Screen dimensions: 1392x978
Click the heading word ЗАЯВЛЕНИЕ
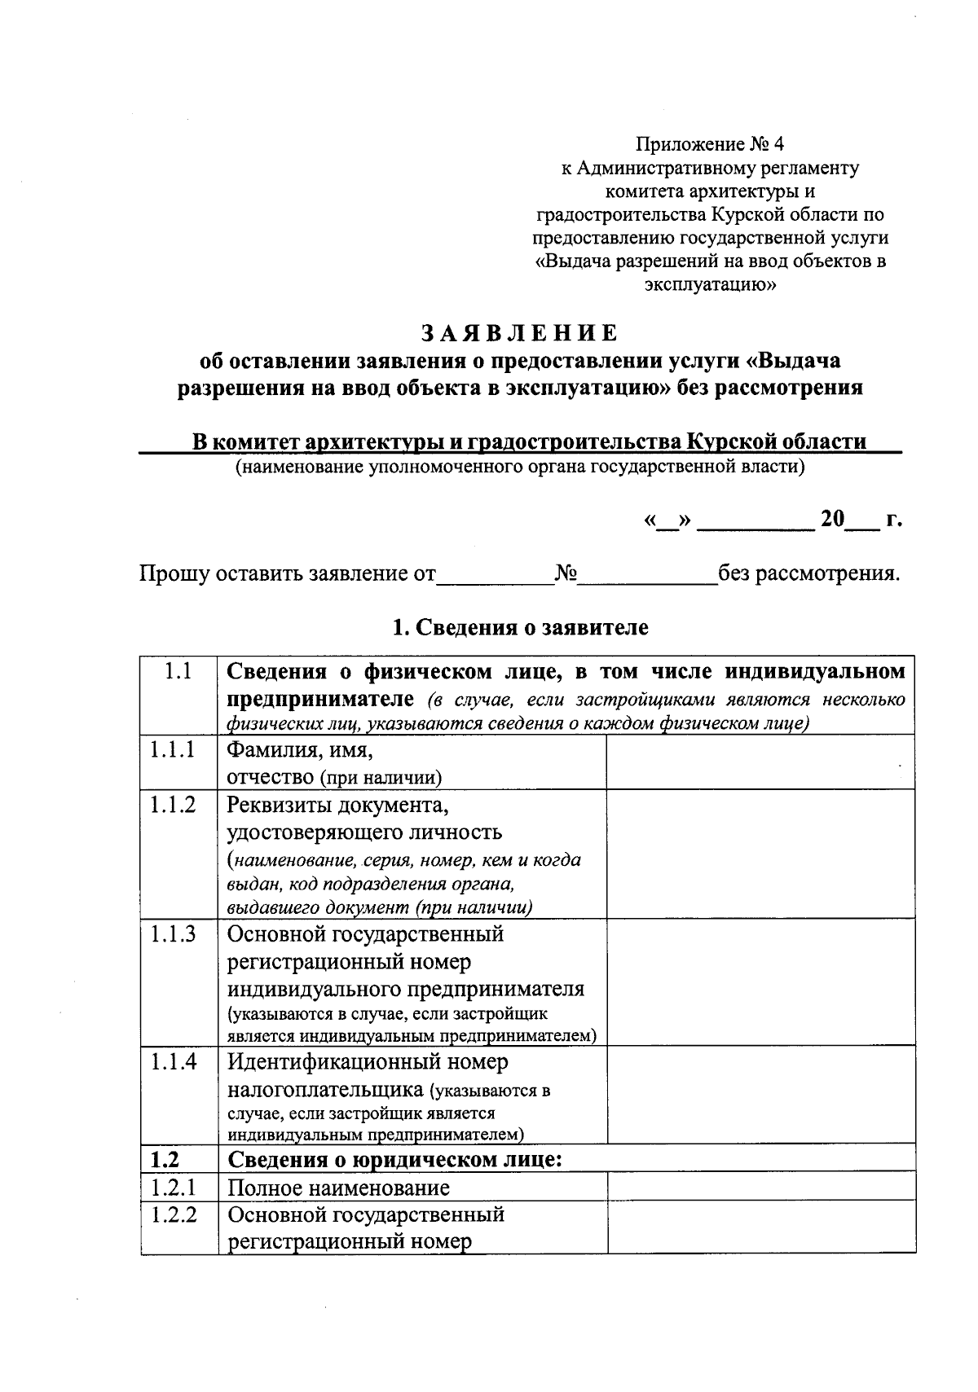(519, 334)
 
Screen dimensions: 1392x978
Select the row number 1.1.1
(173, 750)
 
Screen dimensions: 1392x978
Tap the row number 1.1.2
(173, 805)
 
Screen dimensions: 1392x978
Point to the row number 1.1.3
(173, 933)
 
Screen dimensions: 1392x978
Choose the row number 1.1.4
(173, 1062)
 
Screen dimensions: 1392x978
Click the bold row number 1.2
(165, 1159)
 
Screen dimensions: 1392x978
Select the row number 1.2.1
(173, 1188)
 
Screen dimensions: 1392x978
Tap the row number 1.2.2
(173, 1215)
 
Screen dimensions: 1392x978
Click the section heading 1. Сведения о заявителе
(520, 627)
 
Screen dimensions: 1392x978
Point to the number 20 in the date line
(832, 519)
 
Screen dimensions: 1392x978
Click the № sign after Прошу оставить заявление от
(566, 573)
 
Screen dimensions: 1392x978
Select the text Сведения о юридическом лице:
(394, 1159)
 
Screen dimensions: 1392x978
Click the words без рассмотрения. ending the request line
(808, 573)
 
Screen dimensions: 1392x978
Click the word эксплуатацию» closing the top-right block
(710, 285)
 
